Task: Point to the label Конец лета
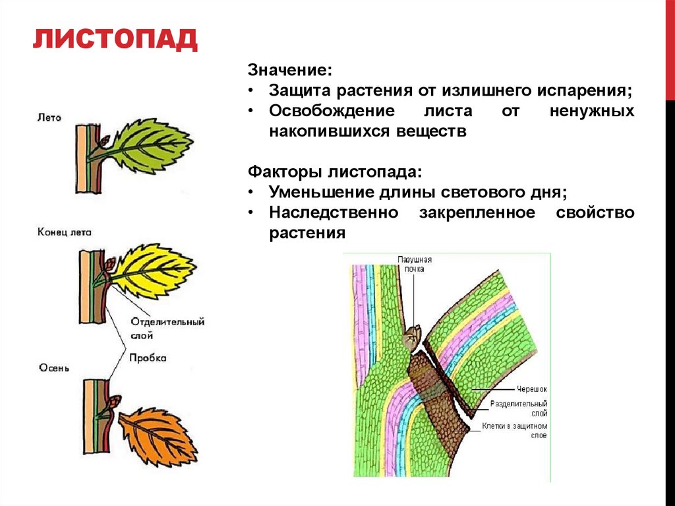point(65,232)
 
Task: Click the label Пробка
point(147,358)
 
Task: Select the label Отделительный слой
point(167,328)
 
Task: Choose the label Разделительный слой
point(519,408)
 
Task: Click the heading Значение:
point(289,70)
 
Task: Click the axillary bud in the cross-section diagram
point(413,336)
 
